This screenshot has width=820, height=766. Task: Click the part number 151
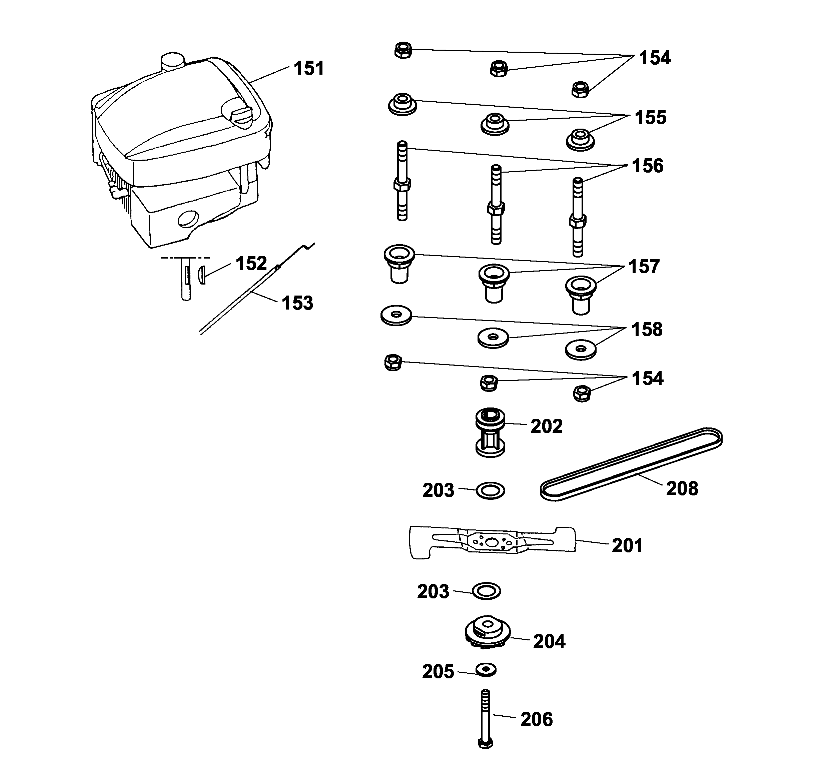[x=308, y=68]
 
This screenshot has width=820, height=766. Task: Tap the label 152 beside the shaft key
[x=251, y=263]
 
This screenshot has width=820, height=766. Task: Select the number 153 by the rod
[x=297, y=303]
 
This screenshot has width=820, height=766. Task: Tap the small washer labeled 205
[x=486, y=670]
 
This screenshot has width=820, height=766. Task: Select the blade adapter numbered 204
[x=488, y=633]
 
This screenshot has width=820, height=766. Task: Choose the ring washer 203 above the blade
[x=491, y=491]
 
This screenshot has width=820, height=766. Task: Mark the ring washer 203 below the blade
[x=486, y=591]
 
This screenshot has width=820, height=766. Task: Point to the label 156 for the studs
[x=648, y=166]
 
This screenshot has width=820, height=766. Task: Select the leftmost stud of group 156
[x=402, y=181]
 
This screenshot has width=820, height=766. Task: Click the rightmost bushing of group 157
[x=580, y=294]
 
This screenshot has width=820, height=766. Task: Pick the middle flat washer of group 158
[x=493, y=338]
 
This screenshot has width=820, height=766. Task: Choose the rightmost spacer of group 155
[x=580, y=139]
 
